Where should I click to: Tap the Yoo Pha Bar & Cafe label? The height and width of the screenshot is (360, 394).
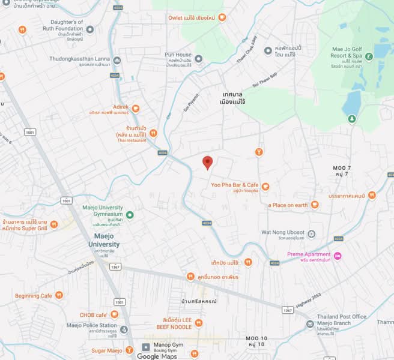coord(235,185)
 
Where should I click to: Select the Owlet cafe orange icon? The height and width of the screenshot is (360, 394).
coord(222,18)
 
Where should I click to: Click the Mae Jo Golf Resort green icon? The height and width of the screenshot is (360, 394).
coord(370,56)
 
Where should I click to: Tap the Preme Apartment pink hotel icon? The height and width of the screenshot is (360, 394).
coord(338,256)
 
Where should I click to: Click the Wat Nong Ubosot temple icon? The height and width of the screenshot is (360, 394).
coord(311,233)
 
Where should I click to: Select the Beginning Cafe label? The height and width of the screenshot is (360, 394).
coord(34,295)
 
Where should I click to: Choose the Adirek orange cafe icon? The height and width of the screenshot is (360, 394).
coord(136,109)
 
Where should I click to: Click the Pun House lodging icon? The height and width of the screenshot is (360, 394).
coord(198,58)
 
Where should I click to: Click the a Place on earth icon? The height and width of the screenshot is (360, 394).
coord(315,205)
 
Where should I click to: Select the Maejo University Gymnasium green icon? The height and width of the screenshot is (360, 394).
coord(130,214)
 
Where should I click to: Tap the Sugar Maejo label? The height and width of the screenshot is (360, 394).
coord(108,350)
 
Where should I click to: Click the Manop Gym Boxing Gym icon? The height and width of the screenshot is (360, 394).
coord(145,347)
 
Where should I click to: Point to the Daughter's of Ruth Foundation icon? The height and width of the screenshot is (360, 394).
coord(90,29)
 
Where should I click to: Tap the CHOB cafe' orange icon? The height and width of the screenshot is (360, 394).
coord(114,314)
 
